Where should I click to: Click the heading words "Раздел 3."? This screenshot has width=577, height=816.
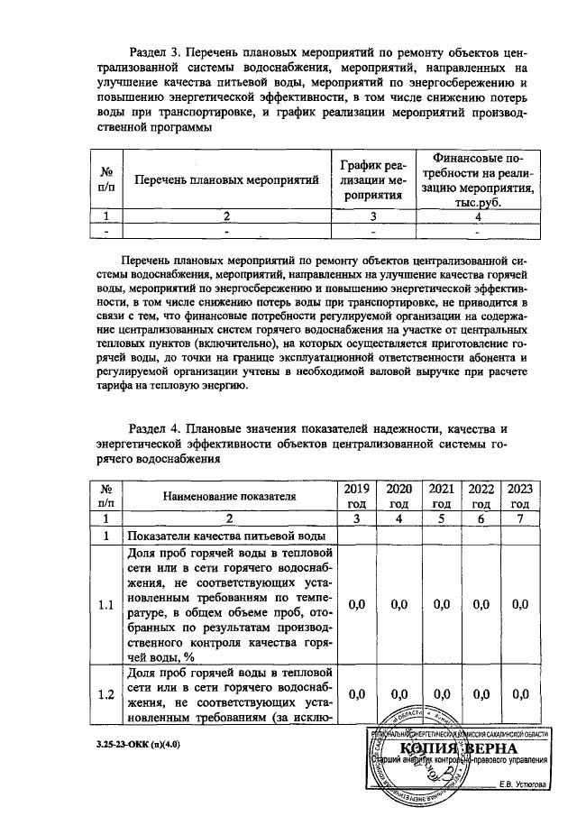(160, 52)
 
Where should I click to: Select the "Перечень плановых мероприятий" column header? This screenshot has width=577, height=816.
(227, 180)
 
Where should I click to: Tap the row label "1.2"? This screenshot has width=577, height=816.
(106, 693)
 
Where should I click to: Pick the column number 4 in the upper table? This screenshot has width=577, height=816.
(478, 216)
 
